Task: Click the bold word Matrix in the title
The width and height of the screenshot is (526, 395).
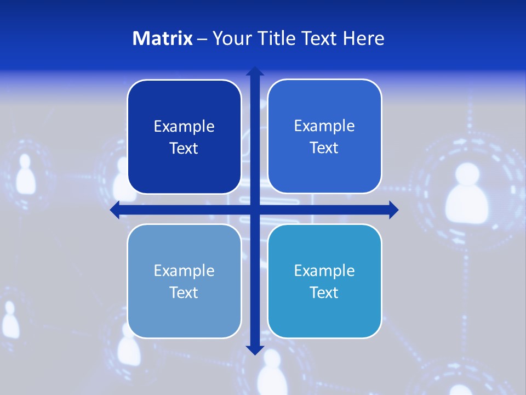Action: point(163,38)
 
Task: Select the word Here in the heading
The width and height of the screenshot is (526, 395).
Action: point(363,38)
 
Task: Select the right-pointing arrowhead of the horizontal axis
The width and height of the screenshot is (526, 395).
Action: point(393,210)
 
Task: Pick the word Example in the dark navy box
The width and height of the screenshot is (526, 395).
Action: point(184,127)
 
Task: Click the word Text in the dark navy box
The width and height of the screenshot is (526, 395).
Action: point(184,148)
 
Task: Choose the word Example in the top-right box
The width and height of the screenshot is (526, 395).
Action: point(324,126)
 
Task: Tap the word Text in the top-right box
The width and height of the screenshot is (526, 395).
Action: point(324,148)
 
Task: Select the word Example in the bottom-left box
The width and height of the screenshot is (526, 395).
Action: point(184,271)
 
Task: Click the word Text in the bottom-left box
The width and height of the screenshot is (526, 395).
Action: point(184,292)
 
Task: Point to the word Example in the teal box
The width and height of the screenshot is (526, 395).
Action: point(324,271)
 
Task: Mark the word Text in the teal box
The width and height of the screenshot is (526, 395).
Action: point(324,292)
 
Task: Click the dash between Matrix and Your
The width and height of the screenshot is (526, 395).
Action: point(202,39)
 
